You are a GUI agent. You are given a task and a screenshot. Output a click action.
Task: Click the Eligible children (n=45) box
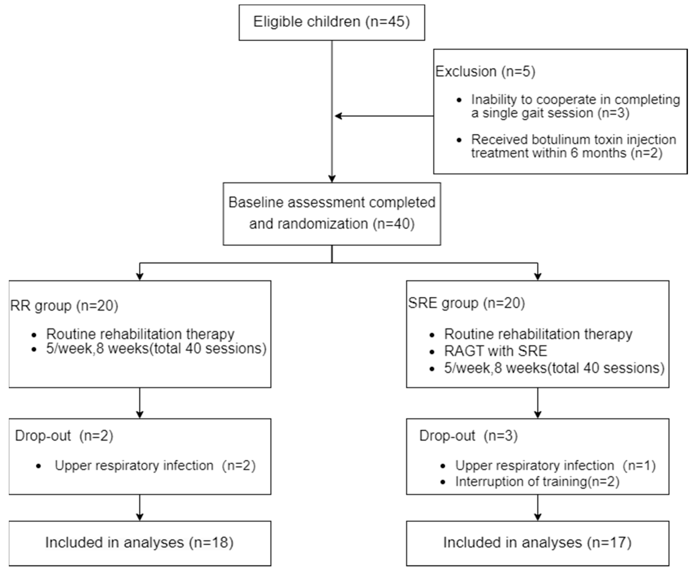[x=332, y=22]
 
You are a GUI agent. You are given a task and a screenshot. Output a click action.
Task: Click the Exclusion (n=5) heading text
[x=485, y=72]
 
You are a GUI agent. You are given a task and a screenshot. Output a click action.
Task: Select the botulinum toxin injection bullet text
[x=573, y=146]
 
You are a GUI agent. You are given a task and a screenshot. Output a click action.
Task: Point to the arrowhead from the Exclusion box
[x=338, y=116]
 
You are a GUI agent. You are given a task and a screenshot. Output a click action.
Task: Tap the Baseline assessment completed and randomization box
[x=332, y=214]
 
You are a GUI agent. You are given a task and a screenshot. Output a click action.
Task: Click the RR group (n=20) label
[x=64, y=305]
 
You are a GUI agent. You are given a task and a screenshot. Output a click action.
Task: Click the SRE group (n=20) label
[x=466, y=303]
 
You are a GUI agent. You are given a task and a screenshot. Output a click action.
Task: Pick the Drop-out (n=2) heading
[x=64, y=436]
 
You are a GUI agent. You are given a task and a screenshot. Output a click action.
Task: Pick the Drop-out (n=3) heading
[x=468, y=436]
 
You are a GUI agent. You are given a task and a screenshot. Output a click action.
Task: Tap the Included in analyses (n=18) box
[x=140, y=542]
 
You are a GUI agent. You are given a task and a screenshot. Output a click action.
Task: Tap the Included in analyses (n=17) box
[x=537, y=542]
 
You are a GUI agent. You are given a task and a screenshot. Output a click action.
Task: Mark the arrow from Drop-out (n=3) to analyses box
[x=538, y=507]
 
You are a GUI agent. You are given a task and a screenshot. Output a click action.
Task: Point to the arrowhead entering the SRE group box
[x=538, y=276]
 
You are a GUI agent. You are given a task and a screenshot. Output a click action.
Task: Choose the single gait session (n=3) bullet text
[x=575, y=106]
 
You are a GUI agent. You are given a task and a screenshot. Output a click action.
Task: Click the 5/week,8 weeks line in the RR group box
[x=156, y=349]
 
